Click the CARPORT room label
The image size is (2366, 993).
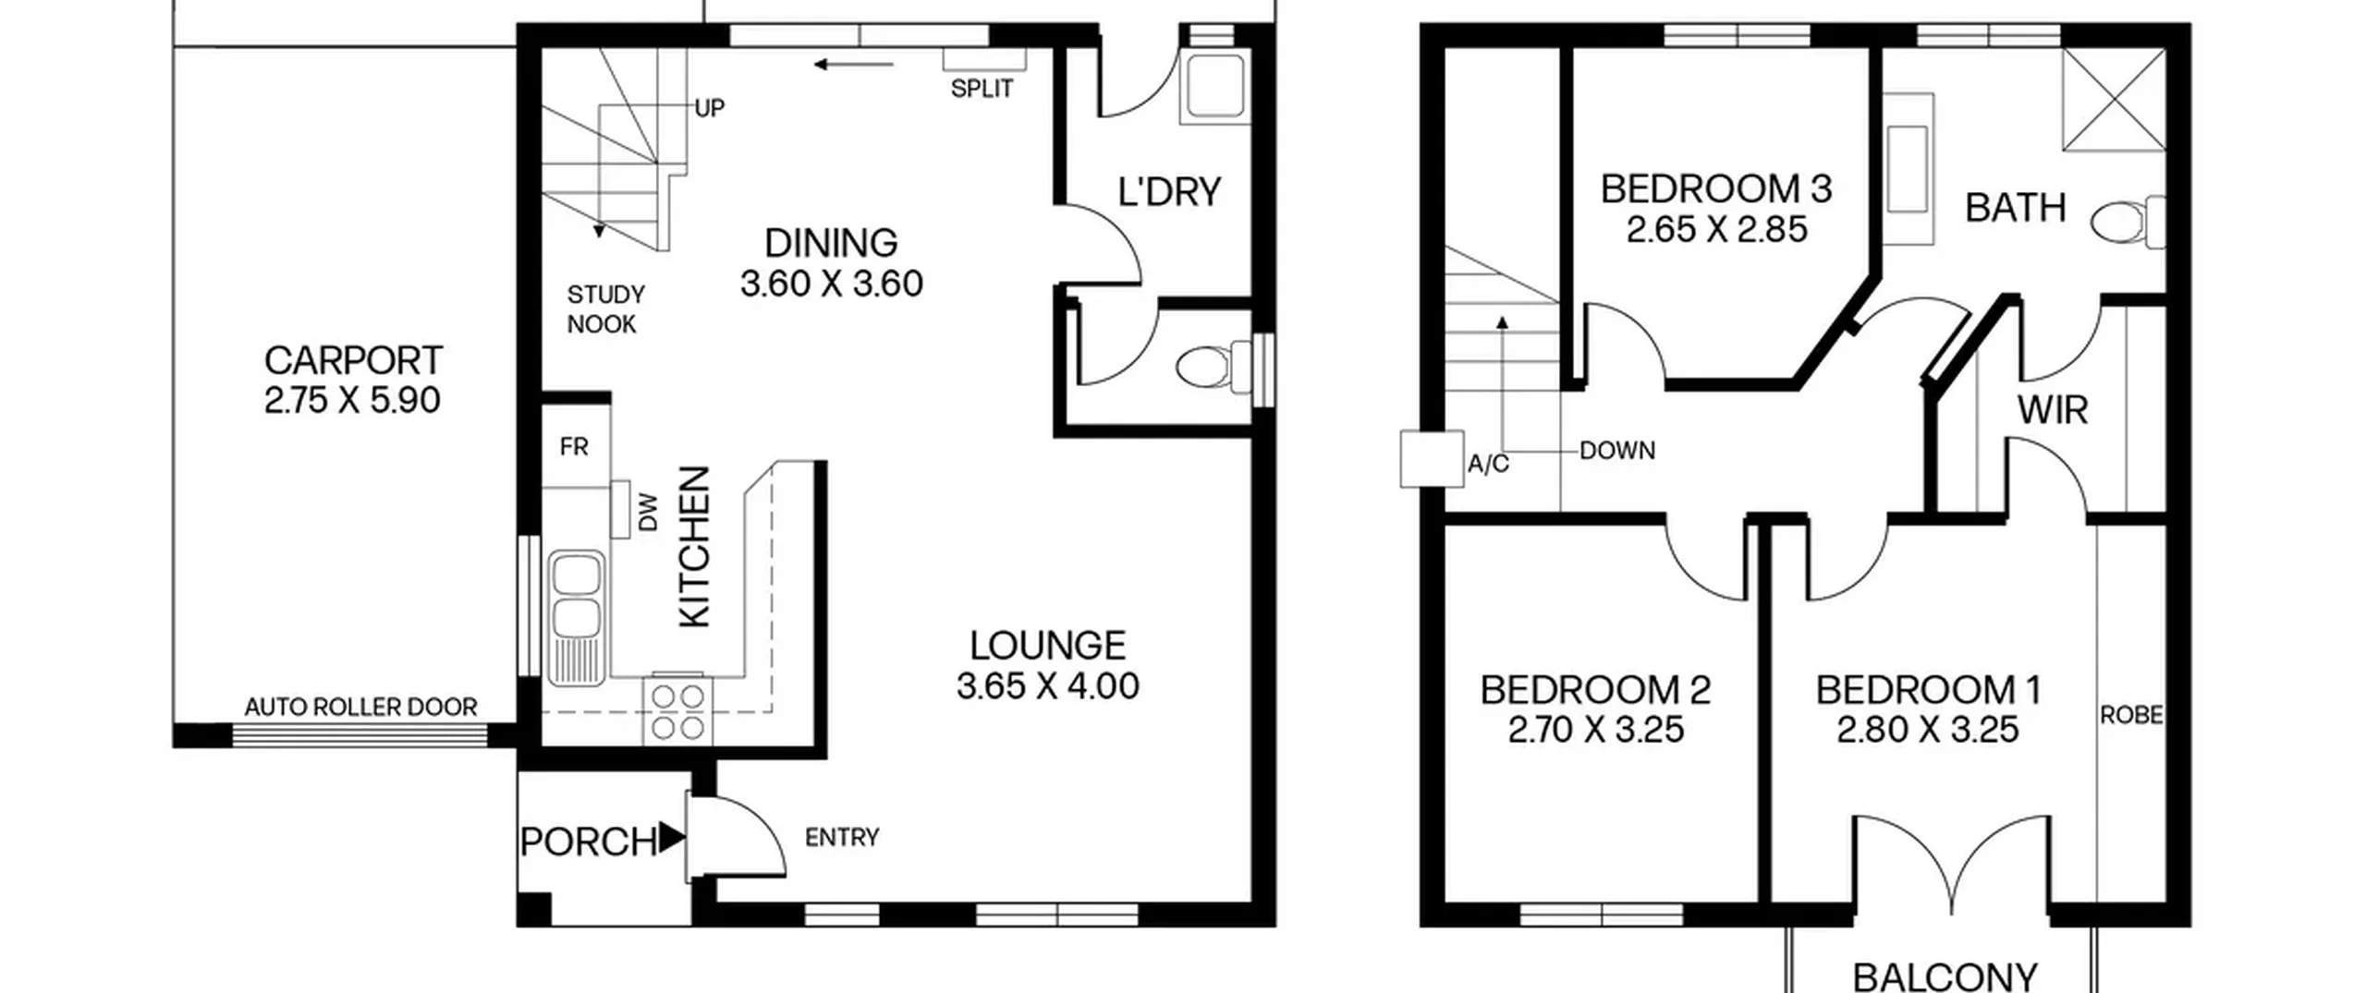pyautogui.click(x=353, y=360)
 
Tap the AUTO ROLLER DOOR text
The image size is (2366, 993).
pyautogui.click(x=360, y=708)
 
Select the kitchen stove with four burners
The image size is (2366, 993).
pyautogui.click(x=677, y=711)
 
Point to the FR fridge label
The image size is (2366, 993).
pyautogui.click(x=574, y=447)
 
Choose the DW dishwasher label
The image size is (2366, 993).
pyautogui.click(x=649, y=513)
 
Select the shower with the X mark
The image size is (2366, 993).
pyautogui.click(x=2114, y=99)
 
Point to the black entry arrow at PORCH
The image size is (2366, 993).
pyautogui.click(x=671, y=838)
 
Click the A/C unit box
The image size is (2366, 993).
pyautogui.click(x=1432, y=459)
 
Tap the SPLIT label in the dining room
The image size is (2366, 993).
pyautogui.click(x=982, y=89)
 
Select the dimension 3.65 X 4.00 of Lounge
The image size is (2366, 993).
pyautogui.click(x=1048, y=686)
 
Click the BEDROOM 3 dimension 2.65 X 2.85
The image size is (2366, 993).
pyautogui.click(x=1716, y=229)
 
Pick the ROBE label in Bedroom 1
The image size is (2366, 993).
pyautogui.click(x=2132, y=715)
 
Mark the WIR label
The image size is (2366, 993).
pyautogui.click(x=2053, y=410)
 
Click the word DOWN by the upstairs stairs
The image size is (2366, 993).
pyautogui.click(x=1617, y=451)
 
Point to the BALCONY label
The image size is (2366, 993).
pyautogui.click(x=1945, y=975)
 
